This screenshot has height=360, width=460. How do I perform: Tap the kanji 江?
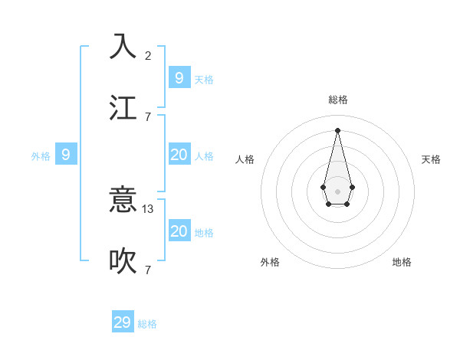click(x=123, y=108)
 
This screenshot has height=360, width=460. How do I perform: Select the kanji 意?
click(x=123, y=200)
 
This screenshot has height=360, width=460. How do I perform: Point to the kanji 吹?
click(x=123, y=261)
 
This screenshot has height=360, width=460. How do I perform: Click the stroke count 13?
click(x=148, y=208)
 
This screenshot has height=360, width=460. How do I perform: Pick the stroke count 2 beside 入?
click(x=148, y=55)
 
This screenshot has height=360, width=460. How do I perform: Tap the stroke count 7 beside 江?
click(x=148, y=116)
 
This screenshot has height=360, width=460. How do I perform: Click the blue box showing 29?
click(x=123, y=322)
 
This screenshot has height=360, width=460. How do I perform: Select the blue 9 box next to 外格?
click(x=66, y=155)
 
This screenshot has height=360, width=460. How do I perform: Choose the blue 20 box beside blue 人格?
click(x=179, y=155)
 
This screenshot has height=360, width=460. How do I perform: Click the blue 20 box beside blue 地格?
click(x=179, y=231)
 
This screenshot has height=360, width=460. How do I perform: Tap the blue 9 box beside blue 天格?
click(x=179, y=77)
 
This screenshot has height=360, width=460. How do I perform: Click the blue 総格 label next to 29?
click(x=147, y=324)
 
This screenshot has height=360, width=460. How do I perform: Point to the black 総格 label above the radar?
click(x=338, y=100)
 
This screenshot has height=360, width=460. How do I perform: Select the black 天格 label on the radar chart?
click(x=432, y=159)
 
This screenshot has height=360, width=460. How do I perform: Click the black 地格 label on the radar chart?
click(x=402, y=262)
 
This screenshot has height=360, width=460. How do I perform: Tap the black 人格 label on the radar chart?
click(x=245, y=159)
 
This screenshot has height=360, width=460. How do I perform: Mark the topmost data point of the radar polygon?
click(x=337, y=129)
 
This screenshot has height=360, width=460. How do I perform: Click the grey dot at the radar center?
click(x=337, y=191)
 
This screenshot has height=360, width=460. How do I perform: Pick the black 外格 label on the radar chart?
click(x=270, y=262)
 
